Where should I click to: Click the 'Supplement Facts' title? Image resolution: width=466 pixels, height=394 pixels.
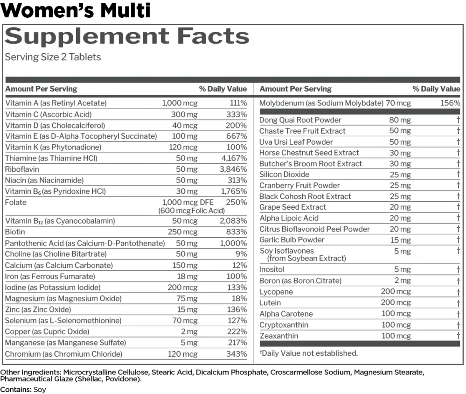(x=127, y=36)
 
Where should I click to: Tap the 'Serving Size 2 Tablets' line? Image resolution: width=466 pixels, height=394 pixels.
(x=53, y=57)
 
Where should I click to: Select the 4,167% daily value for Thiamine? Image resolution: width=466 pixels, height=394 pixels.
(x=234, y=158)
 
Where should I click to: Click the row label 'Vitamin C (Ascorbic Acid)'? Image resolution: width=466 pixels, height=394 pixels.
(x=49, y=114)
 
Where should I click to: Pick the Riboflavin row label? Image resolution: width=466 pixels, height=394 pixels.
(x=22, y=169)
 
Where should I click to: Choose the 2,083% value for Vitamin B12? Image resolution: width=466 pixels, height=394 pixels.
(x=233, y=221)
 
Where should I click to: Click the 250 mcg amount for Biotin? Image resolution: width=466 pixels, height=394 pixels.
(x=182, y=232)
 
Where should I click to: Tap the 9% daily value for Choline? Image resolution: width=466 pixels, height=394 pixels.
(x=241, y=254)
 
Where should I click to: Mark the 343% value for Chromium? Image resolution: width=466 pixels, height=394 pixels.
(x=236, y=354)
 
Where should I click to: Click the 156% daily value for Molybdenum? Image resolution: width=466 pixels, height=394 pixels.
(x=450, y=103)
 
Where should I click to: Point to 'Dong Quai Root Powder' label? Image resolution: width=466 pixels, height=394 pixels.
(x=300, y=120)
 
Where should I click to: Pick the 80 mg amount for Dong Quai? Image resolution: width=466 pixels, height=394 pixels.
(x=400, y=120)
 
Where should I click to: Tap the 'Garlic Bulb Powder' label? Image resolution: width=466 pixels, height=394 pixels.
(x=292, y=240)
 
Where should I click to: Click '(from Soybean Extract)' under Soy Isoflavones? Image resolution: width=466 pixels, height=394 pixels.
(x=306, y=258)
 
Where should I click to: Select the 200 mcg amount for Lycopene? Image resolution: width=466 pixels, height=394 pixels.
(x=396, y=292)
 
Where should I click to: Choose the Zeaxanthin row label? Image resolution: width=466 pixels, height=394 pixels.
(x=279, y=336)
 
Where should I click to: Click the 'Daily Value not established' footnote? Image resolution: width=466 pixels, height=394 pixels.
(x=309, y=353)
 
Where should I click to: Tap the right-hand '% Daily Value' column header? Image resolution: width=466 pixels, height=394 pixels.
(x=436, y=89)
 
